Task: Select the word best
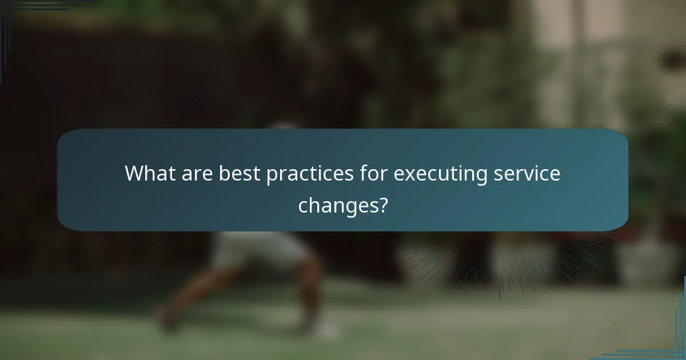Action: pos(240,173)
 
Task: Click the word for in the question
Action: pos(372,173)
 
